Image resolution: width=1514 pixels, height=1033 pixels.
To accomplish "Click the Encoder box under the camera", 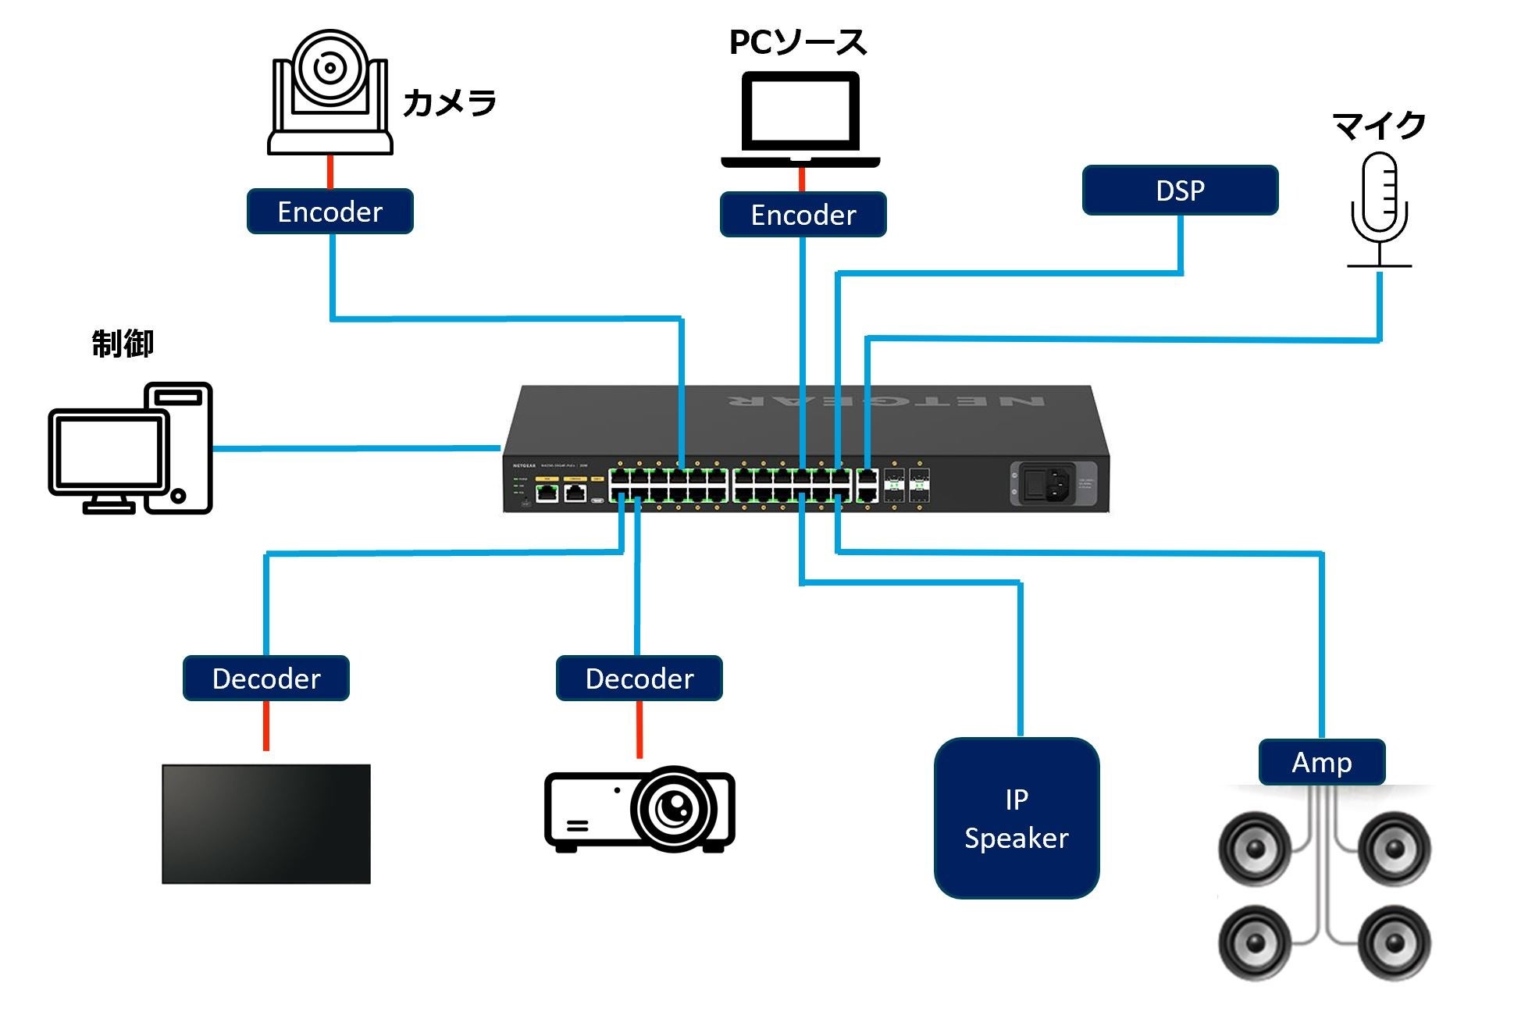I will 330,212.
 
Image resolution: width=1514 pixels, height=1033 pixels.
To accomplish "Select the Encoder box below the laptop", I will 803,215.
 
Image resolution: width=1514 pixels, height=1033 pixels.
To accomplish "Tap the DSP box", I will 1180,191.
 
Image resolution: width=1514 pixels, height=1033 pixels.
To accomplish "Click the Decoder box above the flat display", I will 265,679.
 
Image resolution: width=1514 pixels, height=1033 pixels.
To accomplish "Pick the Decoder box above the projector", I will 639,679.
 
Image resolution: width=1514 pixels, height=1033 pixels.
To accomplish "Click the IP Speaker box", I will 1016,818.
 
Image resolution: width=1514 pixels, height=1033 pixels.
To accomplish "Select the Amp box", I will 1321,762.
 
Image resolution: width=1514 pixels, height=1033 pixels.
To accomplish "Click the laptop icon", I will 800,117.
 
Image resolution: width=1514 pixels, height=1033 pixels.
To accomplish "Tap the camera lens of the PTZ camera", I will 330,68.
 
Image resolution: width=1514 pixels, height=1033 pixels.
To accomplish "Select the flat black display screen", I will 265,824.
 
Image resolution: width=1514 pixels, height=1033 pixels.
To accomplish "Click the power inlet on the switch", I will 1046,483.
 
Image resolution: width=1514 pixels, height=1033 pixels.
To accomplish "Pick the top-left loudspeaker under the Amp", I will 1255,850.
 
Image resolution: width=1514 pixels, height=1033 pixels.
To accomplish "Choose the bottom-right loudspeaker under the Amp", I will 1395,942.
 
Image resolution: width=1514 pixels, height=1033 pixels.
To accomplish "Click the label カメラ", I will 450,103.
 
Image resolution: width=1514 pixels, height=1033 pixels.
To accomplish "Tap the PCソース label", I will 797,43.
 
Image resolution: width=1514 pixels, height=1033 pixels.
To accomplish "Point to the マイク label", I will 1379,126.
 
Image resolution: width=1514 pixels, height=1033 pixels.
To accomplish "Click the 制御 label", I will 123,344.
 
